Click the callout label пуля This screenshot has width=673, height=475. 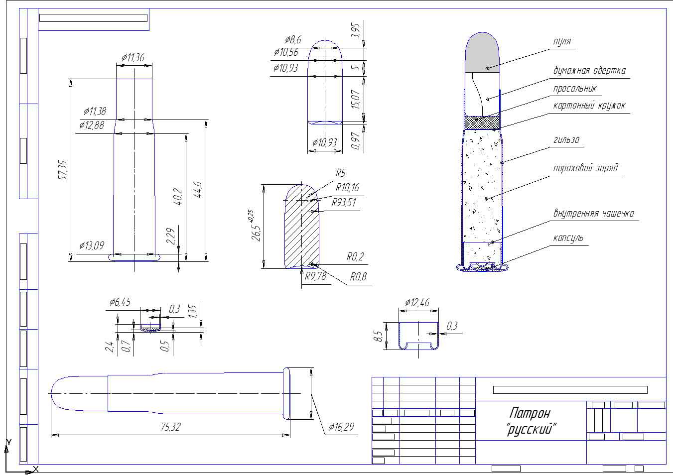(562, 41)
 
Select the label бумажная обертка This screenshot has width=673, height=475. (589, 70)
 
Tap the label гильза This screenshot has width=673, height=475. (566, 139)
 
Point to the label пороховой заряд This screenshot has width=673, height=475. (585, 168)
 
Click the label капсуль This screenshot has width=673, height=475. (568, 238)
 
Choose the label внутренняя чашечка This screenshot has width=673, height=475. (594, 213)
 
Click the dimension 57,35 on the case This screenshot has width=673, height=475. (63, 171)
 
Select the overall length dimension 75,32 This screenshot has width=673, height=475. (170, 427)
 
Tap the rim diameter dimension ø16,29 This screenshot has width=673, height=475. (341, 427)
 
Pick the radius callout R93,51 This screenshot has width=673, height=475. (344, 203)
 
